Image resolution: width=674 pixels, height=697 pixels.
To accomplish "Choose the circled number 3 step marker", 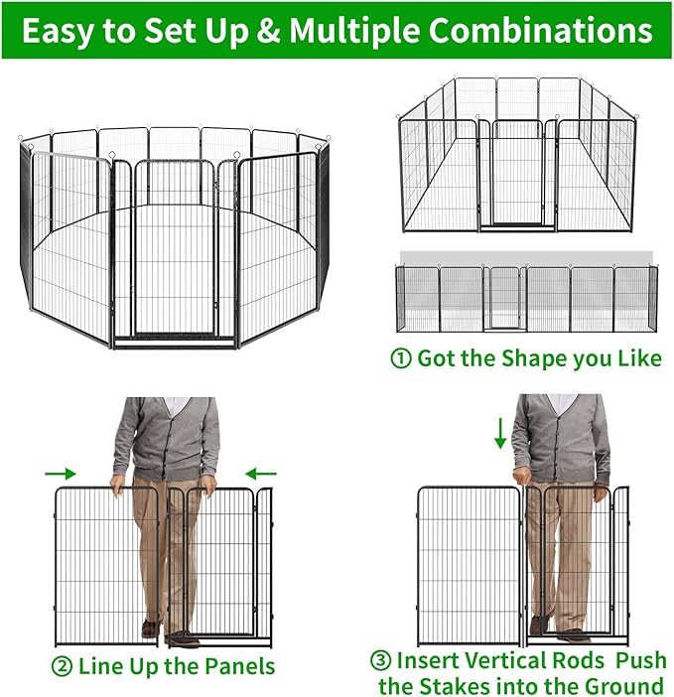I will pyautogui.click(x=381, y=659).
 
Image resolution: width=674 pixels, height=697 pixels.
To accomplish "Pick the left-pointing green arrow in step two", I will pyautogui.click(x=262, y=474).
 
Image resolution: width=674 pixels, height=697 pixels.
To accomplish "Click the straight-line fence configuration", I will pyautogui.click(x=525, y=298).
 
